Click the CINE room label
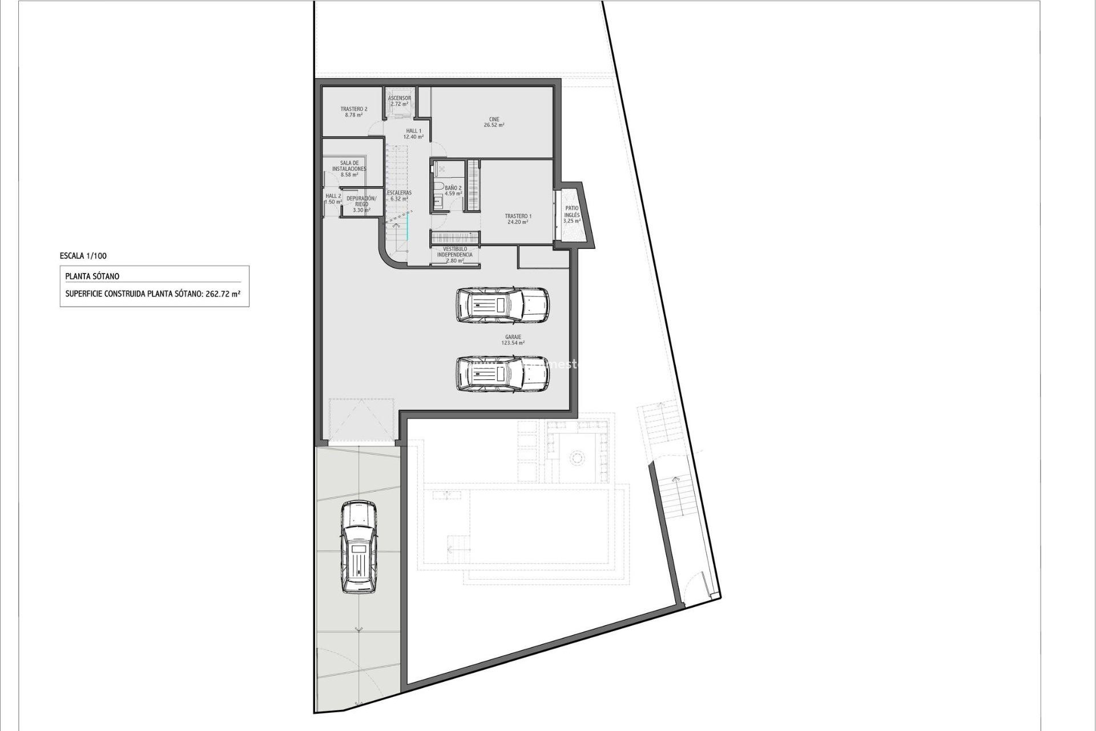[x=494, y=119]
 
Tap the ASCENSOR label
[x=399, y=98]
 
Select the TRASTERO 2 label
[x=354, y=109]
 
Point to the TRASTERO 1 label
[x=518, y=216]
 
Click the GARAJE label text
[x=513, y=337]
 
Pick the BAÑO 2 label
[x=453, y=188]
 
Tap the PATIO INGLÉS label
[x=571, y=212]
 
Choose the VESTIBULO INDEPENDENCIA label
[x=455, y=252]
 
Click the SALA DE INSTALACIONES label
[x=349, y=166]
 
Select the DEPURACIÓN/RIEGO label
[x=361, y=201]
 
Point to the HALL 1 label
[x=413, y=131]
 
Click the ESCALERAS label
[x=399, y=193]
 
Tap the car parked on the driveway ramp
[x=358, y=547]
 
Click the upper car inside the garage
[x=502, y=304]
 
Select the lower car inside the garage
[x=502, y=374]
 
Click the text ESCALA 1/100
[x=83, y=256]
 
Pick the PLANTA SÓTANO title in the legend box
[x=92, y=276]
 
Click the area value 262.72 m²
[x=223, y=295]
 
